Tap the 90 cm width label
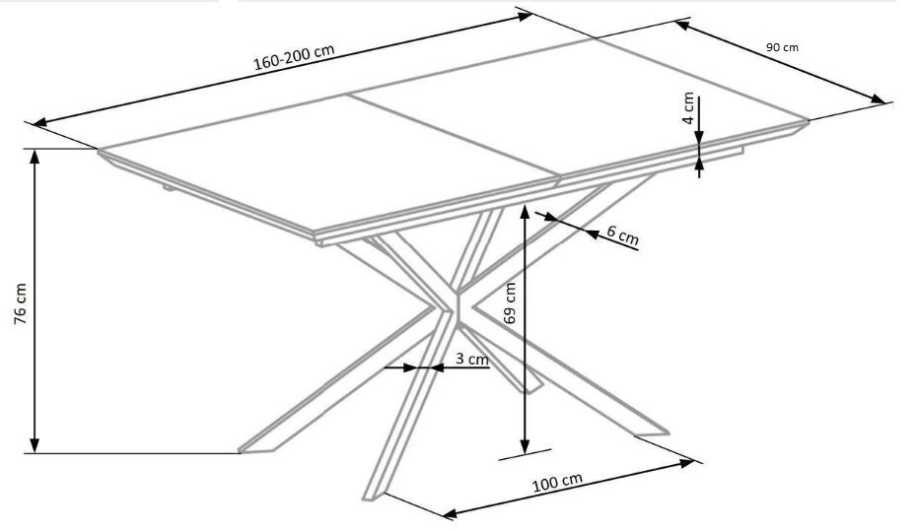[x=782, y=46]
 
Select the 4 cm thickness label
[x=688, y=106]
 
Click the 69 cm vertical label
[x=510, y=302]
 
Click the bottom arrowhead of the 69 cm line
[x=525, y=446]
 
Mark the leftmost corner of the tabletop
[x=99, y=151]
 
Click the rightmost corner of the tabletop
[x=809, y=121]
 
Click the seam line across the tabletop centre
[x=454, y=136]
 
